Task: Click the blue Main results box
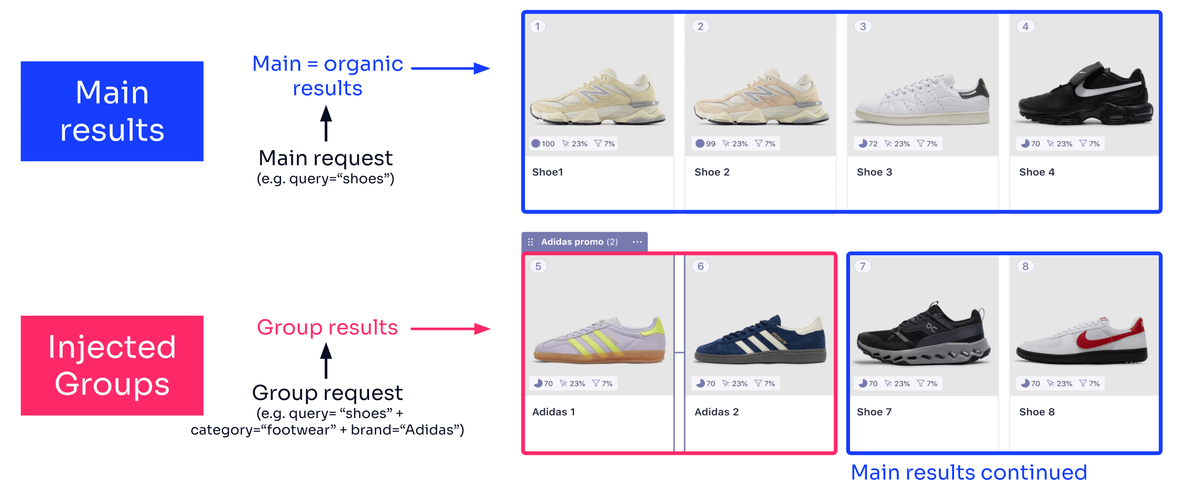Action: coord(112,111)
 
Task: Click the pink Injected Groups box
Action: coord(112,365)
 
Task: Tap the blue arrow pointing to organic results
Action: coord(451,68)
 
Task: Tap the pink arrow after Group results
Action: coord(451,329)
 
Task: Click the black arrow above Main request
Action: coord(326,123)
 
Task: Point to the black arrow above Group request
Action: coord(326,361)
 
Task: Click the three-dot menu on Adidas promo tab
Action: coord(637,242)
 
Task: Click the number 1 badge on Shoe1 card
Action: coord(538,26)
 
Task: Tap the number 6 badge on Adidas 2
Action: coord(701,266)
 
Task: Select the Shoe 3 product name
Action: coord(874,172)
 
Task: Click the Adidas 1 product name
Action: coord(553,412)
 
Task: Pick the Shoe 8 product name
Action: coord(1037,412)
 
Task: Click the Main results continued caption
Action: coord(969,472)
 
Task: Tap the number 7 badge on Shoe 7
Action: coord(863,266)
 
